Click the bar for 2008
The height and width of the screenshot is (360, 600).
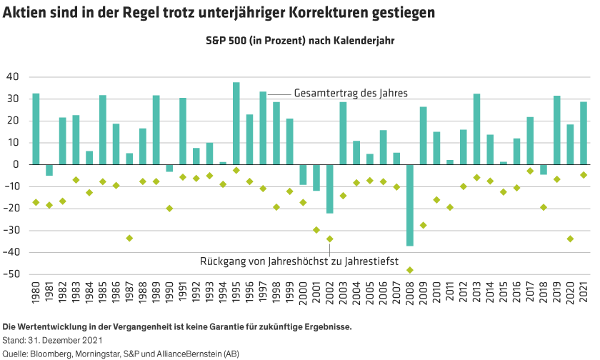coord(410,205)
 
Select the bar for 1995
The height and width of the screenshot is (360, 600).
coord(236,123)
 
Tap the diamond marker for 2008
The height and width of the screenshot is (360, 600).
coord(410,270)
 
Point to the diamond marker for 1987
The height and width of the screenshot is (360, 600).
coord(129,238)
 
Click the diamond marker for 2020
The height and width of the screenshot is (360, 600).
coord(571,239)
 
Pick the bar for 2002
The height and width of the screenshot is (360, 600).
coord(330,189)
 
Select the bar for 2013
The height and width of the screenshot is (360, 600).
coord(476,129)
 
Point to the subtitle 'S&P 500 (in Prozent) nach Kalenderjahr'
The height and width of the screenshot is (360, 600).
coord(300,41)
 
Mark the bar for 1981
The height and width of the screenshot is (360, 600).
coord(49,170)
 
